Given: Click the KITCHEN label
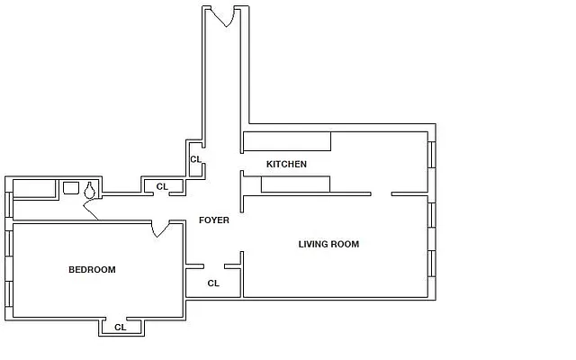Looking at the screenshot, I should [286, 164].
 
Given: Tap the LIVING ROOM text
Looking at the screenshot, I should [328, 244].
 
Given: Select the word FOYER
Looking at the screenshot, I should [213, 220].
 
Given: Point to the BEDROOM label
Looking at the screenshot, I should [92, 269].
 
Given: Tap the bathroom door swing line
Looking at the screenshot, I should [91, 212].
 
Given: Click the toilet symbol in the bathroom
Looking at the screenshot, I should [90, 190].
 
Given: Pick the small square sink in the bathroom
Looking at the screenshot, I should [71, 188].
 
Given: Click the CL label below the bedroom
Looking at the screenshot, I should [120, 328].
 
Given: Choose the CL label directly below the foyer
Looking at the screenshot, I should [213, 283].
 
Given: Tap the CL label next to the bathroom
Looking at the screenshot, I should [162, 186].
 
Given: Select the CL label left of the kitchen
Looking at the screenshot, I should [194, 159].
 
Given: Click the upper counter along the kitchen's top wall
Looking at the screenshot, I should [286, 141].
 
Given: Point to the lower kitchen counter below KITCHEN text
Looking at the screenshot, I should [295, 184].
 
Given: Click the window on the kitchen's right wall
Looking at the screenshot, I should [431, 155].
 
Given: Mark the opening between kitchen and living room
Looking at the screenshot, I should [381, 193].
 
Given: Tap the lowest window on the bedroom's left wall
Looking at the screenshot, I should [9, 294].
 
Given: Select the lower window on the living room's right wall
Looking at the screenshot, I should [431, 263].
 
